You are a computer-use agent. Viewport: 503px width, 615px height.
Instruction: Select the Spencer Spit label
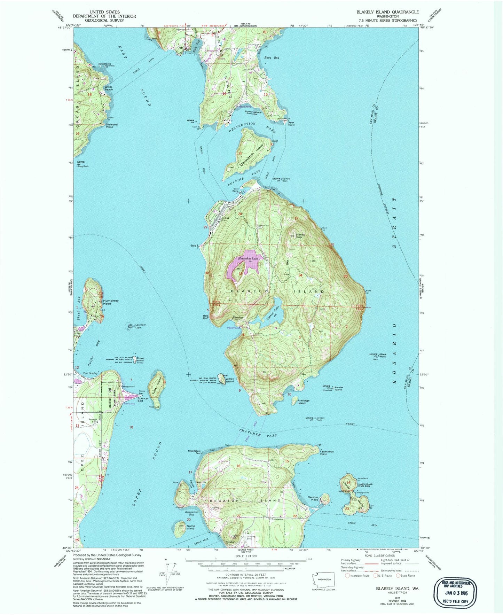coord(143,400)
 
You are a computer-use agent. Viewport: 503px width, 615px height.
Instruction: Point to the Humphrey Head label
coord(107,302)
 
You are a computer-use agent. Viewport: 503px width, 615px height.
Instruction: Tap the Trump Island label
coord(191,527)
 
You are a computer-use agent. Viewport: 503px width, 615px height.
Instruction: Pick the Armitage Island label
coord(301,402)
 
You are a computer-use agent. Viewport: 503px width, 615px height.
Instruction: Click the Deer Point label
coord(291,124)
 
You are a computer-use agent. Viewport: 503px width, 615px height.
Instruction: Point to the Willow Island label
coord(230,380)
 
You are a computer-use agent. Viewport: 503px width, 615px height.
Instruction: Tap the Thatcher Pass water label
coord(259,434)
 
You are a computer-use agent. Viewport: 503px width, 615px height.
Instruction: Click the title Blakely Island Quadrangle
coord(387,12)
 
